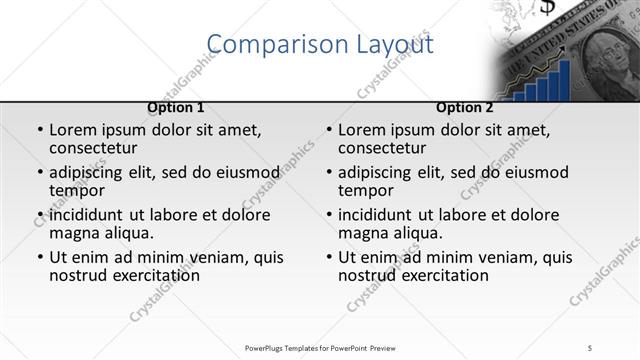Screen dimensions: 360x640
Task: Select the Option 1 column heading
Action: click(x=176, y=108)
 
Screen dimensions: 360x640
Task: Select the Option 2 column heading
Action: click(x=464, y=108)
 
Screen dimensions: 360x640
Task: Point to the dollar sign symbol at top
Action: click(x=548, y=8)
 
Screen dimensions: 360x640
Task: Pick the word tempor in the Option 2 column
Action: click(x=365, y=191)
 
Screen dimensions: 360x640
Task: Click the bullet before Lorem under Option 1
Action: click(x=39, y=131)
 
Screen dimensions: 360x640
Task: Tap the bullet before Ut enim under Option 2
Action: click(x=328, y=257)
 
